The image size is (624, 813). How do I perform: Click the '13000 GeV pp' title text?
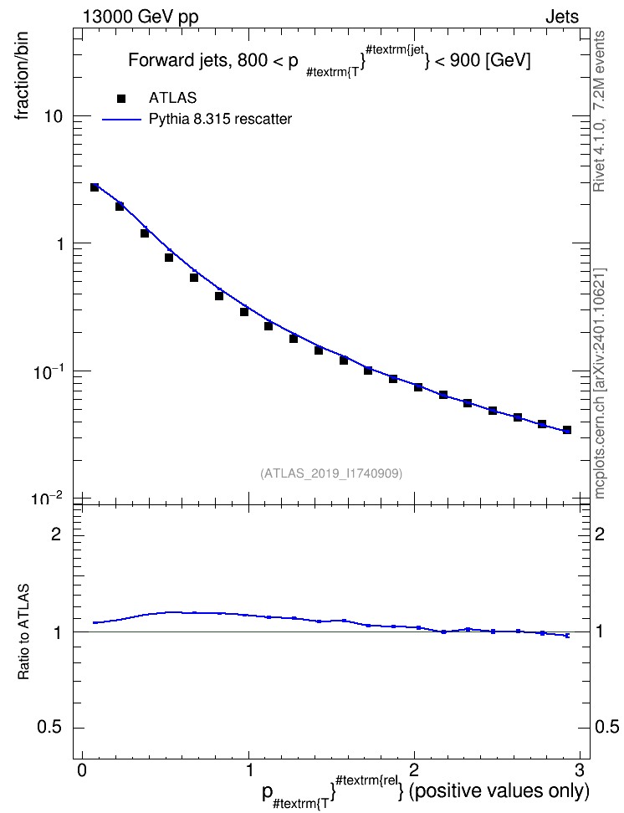pos(140,17)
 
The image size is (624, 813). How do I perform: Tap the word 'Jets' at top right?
pos(562,17)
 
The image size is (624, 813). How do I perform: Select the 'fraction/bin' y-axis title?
pos(21,76)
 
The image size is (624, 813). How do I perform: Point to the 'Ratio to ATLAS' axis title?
pos(23,632)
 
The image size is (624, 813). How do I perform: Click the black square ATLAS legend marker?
pos(121,98)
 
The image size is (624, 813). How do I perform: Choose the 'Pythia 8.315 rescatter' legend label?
pos(221,120)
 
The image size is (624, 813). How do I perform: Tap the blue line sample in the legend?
pos(121,120)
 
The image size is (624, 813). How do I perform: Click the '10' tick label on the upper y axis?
pos(53,116)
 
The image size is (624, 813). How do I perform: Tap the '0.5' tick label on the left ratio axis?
pos(49,728)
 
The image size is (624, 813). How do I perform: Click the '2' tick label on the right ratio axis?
pos(600,534)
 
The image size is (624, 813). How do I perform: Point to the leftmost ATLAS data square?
pos(95,187)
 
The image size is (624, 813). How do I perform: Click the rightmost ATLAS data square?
pos(567,430)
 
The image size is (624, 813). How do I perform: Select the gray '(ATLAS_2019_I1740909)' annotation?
pos(331,473)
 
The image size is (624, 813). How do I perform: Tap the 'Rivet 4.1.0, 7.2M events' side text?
pos(599,111)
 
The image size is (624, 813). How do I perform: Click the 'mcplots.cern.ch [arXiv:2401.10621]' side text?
pos(600,383)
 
